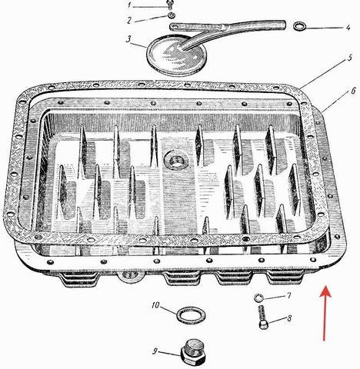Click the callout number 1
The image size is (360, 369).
coord(130,5)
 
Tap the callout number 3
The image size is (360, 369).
coord(128,39)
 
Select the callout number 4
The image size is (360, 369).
coord(348,27)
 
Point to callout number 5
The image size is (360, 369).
coord(349,58)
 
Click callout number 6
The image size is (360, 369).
coord(353,91)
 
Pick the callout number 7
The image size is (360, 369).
coord(288,296)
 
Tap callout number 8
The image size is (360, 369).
coord(289,318)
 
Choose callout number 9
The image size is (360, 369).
coord(155,351)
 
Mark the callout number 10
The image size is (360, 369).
coord(155,305)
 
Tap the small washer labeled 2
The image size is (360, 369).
coord(171,15)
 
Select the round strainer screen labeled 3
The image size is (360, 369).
coord(176,55)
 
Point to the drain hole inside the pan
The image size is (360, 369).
coord(176,160)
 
